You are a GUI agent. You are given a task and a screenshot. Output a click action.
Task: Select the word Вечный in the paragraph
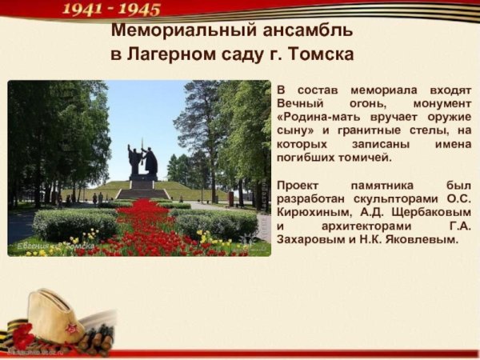pos(299,105)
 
